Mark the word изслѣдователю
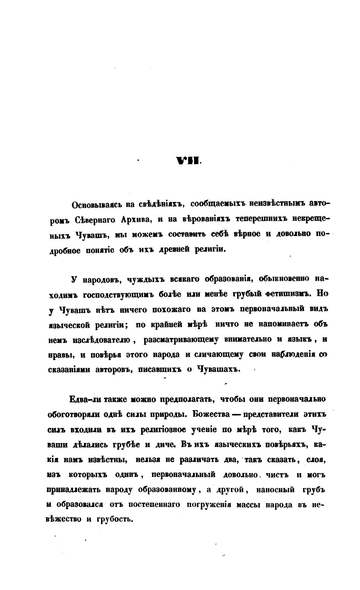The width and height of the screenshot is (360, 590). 102,340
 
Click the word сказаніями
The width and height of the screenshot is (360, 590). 69,370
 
